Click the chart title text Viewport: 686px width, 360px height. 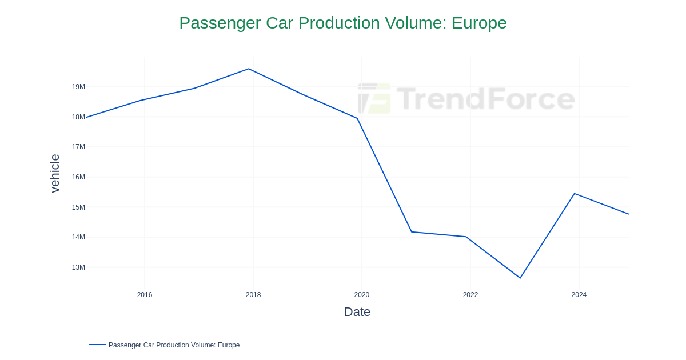pyautogui.click(x=342, y=23)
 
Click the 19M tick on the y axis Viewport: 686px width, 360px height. pyautogui.click(x=78, y=87)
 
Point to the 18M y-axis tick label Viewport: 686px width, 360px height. pyautogui.click(x=78, y=117)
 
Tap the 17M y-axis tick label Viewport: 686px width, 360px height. pyautogui.click(x=78, y=147)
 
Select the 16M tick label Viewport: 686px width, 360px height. pyautogui.click(x=78, y=177)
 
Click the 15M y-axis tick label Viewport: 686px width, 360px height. pyautogui.click(x=78, y=207)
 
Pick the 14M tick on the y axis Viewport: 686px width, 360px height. pyautogui.click(x=78, y=237)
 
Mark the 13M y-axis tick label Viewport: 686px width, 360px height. pyautogui.click(x=78, y=267)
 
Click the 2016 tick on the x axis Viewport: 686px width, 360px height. pyautogui.click(x=145, y=295)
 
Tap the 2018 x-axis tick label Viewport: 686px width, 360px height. pyautogui.click(x=253, y=295)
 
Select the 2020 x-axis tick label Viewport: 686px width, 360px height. pyautogui.click(x=362, y=295)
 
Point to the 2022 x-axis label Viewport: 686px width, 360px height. pyautogui.click(x=470, y=295)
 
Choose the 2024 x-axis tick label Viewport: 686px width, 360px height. pyautogui.click(x=579, y=295)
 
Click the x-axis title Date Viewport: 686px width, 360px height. pyautogui.click(x=357, y=312)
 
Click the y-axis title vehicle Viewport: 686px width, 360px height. pyautogui.click(x=55, y=173)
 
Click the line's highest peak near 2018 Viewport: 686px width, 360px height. pyautogui.click(x=249, y=69)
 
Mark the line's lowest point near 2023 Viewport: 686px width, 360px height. pyautogui.click(x=520, y=278)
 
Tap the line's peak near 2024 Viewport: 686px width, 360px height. pyautogui.click(x=575, y=194)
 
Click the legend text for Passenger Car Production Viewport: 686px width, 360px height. pyautogui.click(x=174, y=345)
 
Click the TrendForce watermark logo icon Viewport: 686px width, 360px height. pyautogui.click(x=374, y=98)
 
